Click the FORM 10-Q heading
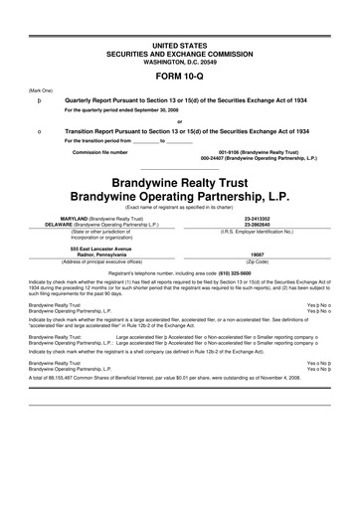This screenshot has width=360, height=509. pos(180,74)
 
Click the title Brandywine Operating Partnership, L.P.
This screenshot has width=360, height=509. pos(180,196)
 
